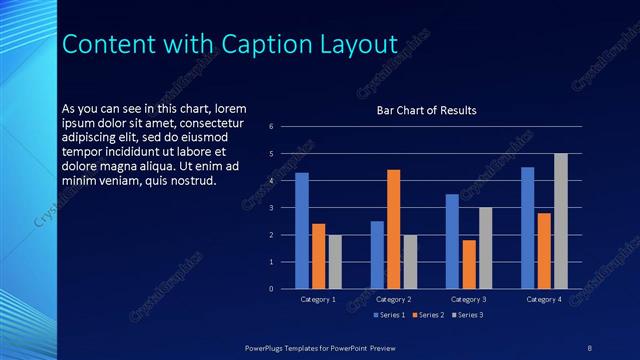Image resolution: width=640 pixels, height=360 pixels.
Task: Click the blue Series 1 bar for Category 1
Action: (x=302, y=231)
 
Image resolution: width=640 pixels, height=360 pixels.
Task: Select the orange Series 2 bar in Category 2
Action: (x=393, y=229)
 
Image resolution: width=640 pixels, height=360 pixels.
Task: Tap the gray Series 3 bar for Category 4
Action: (x=560, y=221)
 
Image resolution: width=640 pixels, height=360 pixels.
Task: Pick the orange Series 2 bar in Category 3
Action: (x=469, y=264)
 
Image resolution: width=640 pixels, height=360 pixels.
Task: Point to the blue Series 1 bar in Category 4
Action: (x=528, y=228)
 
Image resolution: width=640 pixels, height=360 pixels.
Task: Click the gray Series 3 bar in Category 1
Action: (x=335, y=262)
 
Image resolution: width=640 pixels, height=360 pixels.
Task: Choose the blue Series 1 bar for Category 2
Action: (x=377, y=255)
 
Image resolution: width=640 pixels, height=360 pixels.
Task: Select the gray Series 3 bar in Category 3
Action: (x=485, y=248)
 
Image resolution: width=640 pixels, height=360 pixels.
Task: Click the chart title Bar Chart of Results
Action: (x=426, y=110)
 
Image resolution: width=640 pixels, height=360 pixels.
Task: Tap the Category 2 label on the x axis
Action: (x=393, y=299)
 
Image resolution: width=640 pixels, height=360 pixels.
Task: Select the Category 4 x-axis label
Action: (x=544, y=299)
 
